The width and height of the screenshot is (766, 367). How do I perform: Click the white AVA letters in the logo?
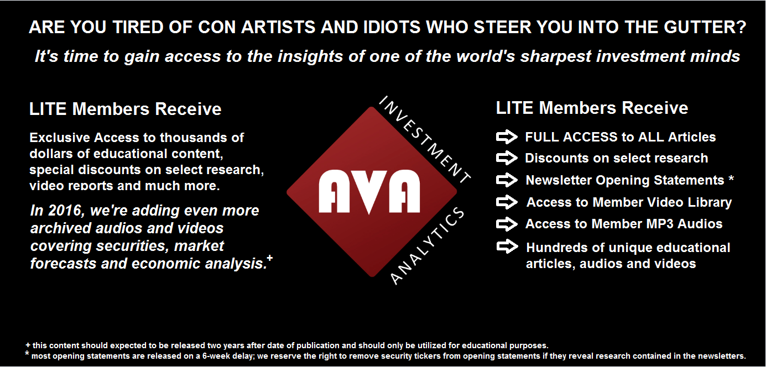click(369, 192)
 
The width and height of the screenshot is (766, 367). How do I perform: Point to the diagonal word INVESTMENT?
click(425, 139)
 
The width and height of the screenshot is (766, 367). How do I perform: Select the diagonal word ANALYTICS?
click(427, 246)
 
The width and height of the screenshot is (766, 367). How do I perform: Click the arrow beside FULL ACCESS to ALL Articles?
click(507, 137)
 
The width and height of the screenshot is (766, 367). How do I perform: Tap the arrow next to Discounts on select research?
click(507, 158)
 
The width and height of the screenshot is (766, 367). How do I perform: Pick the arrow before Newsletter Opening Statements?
click(507, 180)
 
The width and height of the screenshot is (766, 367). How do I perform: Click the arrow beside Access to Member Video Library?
click(507, 202)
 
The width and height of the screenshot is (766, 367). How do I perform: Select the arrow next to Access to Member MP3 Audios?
click(507, 224)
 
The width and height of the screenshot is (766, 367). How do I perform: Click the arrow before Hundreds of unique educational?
click(507, 247)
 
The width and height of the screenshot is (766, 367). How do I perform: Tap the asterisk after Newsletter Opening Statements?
click(731, 179)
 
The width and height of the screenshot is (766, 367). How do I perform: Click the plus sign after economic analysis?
click(270, 258)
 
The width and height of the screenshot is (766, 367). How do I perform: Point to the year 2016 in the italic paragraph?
click(65, 211)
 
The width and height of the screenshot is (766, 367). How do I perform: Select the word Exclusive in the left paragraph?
click(60, 138)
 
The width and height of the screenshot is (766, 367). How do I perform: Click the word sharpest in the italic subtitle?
click(556, 57)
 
